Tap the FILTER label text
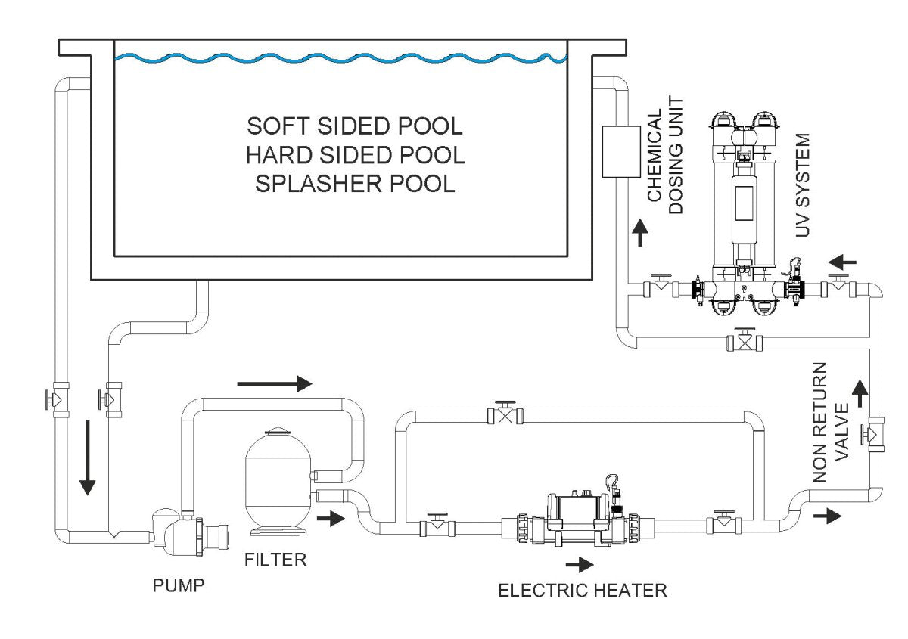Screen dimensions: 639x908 coord(275,560)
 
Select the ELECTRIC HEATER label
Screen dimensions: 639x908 coord(582,590)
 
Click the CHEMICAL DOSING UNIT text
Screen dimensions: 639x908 coord(665,155)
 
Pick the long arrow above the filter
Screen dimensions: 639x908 coord(274,384)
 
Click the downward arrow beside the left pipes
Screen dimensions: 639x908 coord(88,458)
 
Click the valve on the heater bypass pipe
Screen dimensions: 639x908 coord(505,414)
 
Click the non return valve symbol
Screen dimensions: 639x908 coord(875,434)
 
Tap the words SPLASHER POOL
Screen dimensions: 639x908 coord(355,185)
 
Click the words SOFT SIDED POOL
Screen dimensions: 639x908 coord(355,124)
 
